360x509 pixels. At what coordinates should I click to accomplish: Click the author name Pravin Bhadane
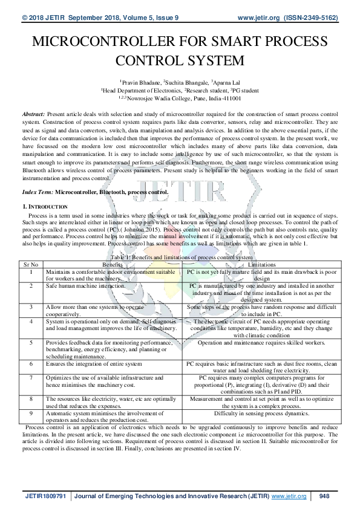coord(141,80)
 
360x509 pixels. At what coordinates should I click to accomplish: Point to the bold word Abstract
coord(33,114)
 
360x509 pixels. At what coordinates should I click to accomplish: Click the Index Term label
coord(38,192)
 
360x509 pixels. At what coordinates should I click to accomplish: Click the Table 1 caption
coord(180,258)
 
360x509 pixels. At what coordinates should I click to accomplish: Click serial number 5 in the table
coord(31,342)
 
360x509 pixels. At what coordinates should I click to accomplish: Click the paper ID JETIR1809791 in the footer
coord(46,496)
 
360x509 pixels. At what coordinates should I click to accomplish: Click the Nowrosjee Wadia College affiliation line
coord(180,97)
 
